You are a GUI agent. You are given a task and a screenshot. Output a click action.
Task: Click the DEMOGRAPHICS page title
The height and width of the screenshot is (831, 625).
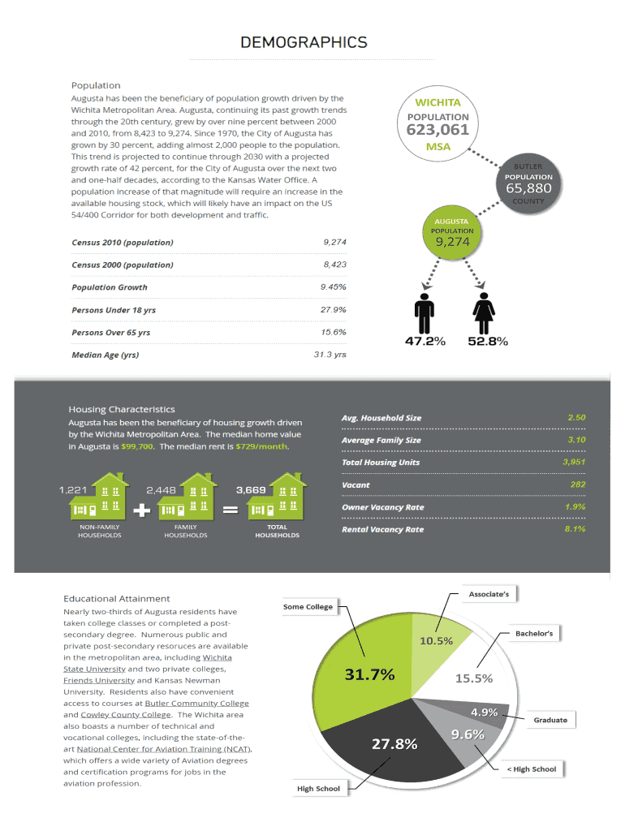click(304, 42)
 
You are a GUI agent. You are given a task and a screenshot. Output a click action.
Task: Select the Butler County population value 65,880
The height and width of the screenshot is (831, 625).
click(528, 188)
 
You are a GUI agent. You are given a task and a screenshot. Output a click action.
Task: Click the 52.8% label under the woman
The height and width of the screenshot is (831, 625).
click(488, 342)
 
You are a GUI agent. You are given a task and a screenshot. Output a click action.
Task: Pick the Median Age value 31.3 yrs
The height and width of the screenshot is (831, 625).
click(330, 355)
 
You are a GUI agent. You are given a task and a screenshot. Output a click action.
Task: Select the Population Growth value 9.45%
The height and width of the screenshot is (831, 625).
click(333, 287)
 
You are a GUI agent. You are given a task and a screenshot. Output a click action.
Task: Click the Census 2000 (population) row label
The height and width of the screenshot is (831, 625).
click(123, 265)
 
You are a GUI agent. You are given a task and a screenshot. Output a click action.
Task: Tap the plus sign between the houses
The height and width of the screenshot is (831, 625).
click(140, 510)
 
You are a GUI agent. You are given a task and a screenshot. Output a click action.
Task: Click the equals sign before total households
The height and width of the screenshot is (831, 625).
click(230, 510)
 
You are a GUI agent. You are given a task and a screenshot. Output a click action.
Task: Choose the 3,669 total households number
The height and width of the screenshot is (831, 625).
click(250, 489)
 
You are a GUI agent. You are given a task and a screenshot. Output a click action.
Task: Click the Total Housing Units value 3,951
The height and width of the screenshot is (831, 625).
click(573, 462)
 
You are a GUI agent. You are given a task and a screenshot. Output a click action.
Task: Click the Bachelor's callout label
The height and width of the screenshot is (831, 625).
click(534, 633)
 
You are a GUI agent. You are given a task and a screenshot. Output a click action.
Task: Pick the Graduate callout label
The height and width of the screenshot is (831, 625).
click(550, 720)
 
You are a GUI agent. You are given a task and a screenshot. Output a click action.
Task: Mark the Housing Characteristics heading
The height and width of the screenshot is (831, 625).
click(122, 409)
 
